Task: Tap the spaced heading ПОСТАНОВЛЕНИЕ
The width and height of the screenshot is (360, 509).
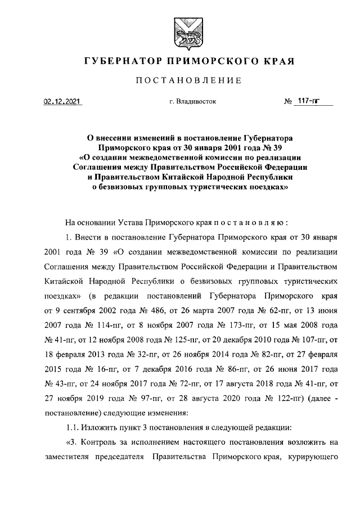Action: click(180, 81)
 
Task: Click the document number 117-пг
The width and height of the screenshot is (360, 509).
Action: click(307, 102)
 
